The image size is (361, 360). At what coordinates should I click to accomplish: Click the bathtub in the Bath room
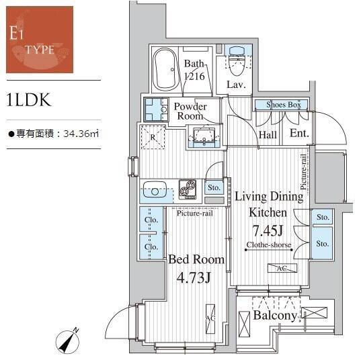coord(165,69)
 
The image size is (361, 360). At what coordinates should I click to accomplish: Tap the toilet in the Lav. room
coord(237,60)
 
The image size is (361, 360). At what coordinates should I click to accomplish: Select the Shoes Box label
coord(284,105)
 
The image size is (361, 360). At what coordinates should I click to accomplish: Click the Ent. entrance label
coord(299,133)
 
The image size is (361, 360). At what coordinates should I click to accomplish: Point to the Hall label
coord(268,135)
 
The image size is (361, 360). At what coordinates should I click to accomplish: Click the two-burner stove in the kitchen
coord(188,189)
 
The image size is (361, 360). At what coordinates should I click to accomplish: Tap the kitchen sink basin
coord(155,189)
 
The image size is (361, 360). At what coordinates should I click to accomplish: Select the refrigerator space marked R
coord(153,137)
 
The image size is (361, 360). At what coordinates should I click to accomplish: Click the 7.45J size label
coord(268,230)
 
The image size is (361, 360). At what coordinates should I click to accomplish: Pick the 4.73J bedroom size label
coord(194,277)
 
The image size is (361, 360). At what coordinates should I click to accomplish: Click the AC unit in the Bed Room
coord(210,319)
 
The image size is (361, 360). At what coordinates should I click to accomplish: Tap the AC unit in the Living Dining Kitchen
coord(282,268)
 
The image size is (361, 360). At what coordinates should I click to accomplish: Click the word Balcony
coord(275,316)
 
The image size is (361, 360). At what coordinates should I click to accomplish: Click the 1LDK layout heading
coord(29,100)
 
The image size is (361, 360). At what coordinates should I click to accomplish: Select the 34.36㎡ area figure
coord(81,134)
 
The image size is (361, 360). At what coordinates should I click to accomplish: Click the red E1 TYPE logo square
coord(40,40)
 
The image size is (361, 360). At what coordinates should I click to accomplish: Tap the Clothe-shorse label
coord(269,244)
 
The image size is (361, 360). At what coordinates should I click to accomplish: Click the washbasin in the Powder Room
coord(204,136)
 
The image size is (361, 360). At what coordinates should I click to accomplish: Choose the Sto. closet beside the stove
coord(214,187)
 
